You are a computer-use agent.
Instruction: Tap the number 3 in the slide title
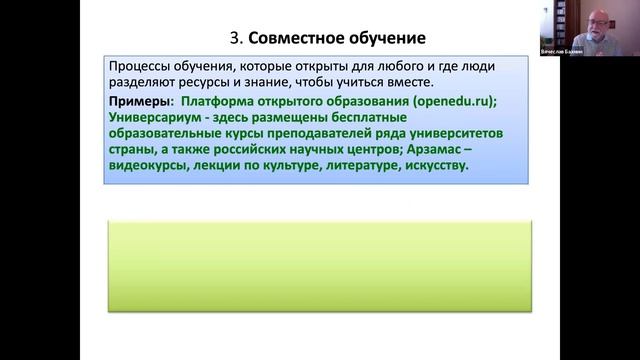point(234,39)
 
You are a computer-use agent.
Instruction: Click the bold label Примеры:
point(141,102)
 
